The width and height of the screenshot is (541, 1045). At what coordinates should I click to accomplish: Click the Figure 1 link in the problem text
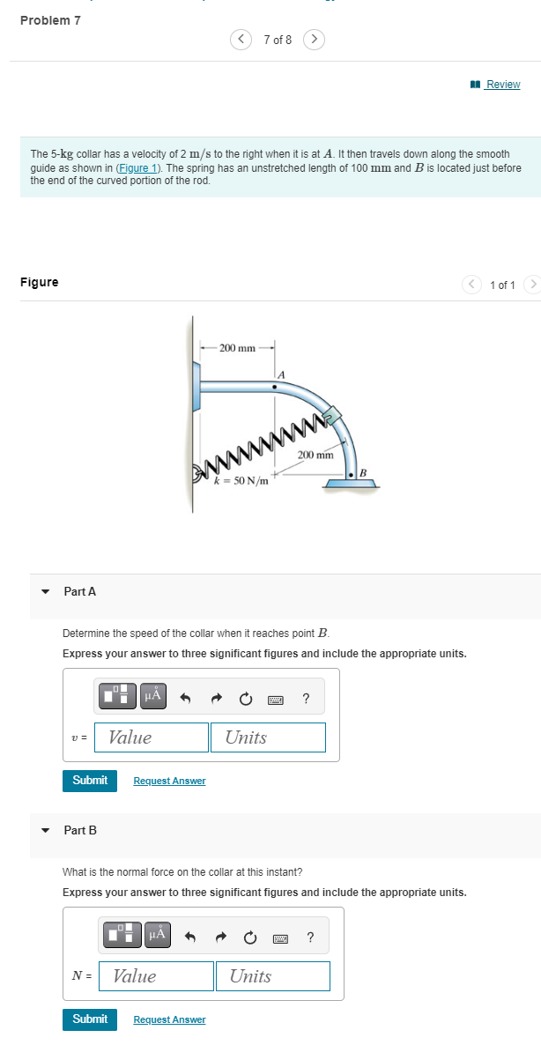(x=141, y=167)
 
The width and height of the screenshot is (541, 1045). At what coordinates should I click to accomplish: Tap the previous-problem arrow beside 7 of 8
(x=241, y=40)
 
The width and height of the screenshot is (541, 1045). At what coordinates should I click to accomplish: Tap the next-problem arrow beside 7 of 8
(x=315, y=40)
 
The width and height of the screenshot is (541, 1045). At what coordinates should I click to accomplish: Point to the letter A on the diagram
(x=280, y=374)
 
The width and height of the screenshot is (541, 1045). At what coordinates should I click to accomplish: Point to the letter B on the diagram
(x=361, y=474)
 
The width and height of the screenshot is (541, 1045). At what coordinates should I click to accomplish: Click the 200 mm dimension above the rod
(x=237, y=348)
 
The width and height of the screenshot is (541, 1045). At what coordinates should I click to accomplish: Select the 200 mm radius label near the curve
(x=315, y=455)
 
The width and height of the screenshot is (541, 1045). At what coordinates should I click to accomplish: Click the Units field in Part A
(x=268, y=737)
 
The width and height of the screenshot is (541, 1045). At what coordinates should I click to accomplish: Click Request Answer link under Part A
(x=169, y=781)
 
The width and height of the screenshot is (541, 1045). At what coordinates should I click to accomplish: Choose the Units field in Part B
(x=272, y=976)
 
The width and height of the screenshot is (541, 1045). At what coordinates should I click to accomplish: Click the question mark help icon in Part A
(x=306, y=699)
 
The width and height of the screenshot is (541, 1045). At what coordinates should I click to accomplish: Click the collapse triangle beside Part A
(x=45, y=592)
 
